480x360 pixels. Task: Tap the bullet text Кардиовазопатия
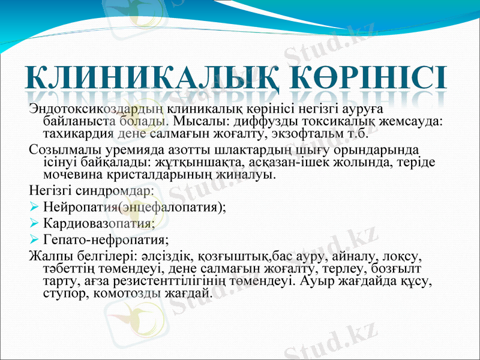[x=99, y=224]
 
